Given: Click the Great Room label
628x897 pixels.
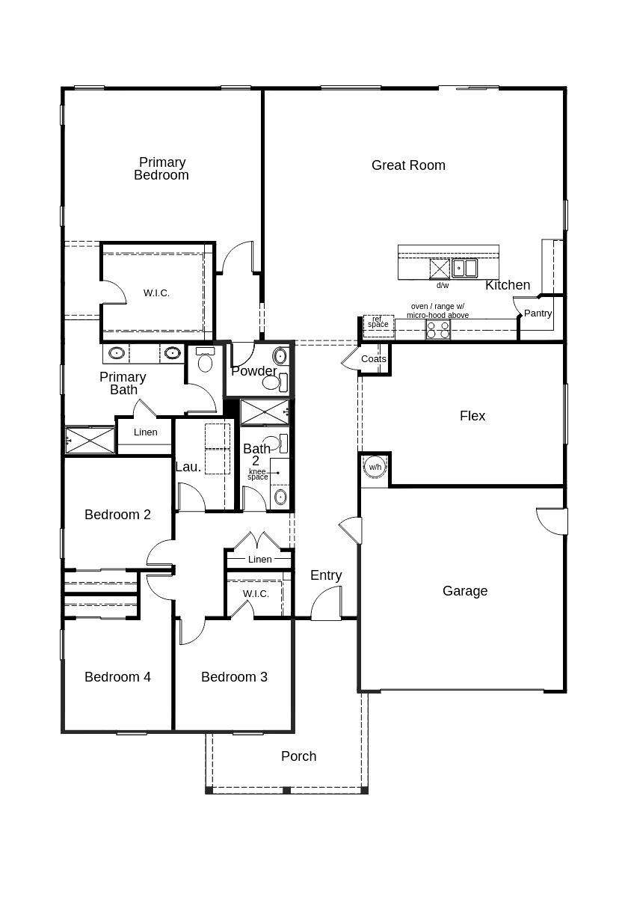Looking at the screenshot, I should pyautogui.click(x=408, y=165).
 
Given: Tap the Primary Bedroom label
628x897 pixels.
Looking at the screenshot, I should pyautogui.click(x=161, y=168).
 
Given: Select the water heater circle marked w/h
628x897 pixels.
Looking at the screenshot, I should pyautogui.click(x=375, y=467).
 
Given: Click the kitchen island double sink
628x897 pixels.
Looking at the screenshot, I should pyautogui.click(x=464, y=267).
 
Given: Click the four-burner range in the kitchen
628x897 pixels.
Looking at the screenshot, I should pyautogui.click(x=438, y=330).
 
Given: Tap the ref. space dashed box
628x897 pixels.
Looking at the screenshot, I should pyautogui.click(x=378, y=323).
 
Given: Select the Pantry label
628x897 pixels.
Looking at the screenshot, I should pyautogui.click(x=538, y=313).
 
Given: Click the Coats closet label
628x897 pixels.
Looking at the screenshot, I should pyautogui.click(x=374, y=359).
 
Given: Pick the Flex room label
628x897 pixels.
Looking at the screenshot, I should pyautogui.click(x=472, y=416).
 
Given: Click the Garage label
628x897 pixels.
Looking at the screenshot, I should pyautogui.click(x=465, y=591).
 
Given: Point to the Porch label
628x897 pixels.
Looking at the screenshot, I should pyautogui.click(x=298, y=756).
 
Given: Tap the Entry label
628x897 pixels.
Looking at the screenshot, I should pyautogui.click(x=326, y=575).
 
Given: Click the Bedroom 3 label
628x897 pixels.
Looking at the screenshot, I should pyautogui.click(x=234, y=677).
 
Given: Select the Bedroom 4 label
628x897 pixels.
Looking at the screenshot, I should pyautogui.click(x=117, y=677).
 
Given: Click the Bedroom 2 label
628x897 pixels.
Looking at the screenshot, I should pyautogui.click(x=117, y=515).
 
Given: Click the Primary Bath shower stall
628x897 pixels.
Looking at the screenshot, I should pyautogui.click(x=90, y=440).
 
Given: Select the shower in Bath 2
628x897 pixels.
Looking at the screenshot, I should pyautogui.click(x=265, y=412).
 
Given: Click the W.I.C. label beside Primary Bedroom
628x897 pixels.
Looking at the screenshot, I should pyautogui.click(x=156, y=293).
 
